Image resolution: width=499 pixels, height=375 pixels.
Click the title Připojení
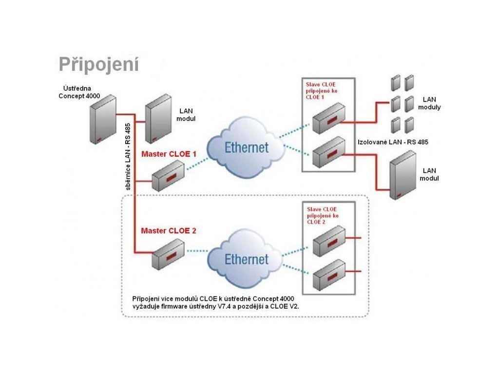click(99, 64)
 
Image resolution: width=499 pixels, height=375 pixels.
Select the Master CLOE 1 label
click(169, 154)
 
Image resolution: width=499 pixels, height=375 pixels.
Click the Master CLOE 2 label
click(169, 230)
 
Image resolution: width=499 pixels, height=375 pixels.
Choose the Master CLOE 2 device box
click(168, 254)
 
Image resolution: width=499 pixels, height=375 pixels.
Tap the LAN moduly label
click(432, 103)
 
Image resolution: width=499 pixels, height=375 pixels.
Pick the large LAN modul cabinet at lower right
click(403, 175)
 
